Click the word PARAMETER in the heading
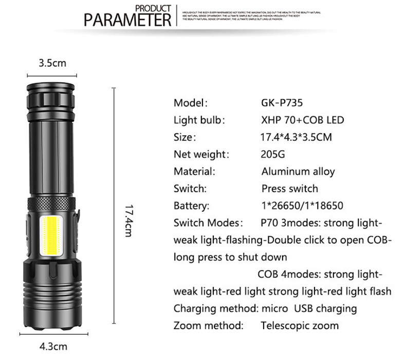[127, 20]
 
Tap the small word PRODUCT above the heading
[153, 8]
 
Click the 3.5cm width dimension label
[52, 64]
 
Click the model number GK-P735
[282, 102]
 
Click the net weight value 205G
[272, 154]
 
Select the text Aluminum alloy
[298, 171]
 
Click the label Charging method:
[215, 308]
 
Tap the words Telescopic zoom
[300, 325]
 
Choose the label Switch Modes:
[208, 223]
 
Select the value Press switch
[289, 188]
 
